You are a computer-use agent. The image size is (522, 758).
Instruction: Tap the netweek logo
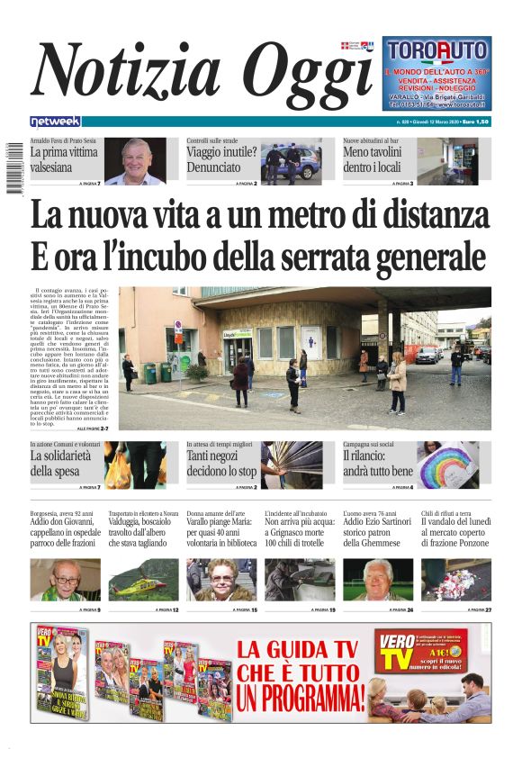point(55,121)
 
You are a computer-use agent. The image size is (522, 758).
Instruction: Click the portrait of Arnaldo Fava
point(138,159)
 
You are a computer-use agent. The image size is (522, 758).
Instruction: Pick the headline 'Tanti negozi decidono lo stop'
point(221,463)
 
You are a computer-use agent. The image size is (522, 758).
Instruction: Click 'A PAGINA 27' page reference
point(474,609)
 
